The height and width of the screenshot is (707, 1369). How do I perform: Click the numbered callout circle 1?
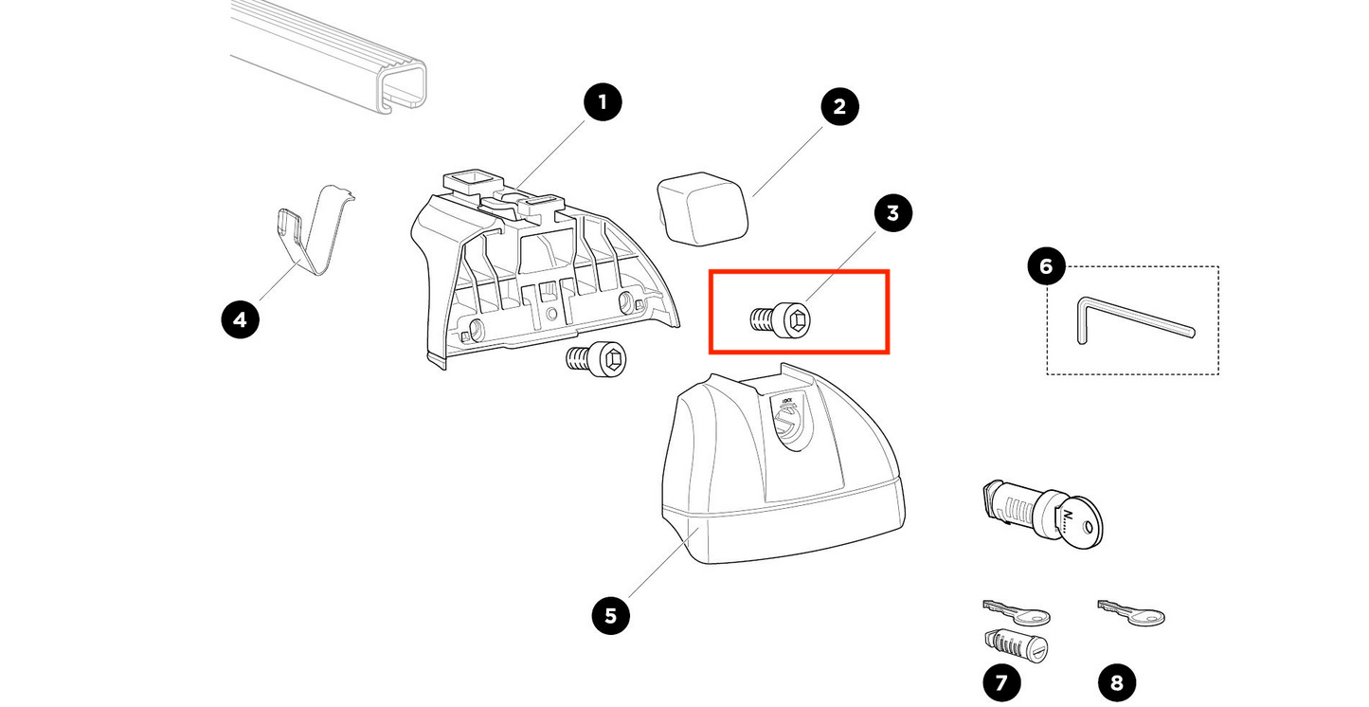point(603,102)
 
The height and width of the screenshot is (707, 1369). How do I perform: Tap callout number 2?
point(838,106)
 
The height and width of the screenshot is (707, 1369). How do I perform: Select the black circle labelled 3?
point(892,213)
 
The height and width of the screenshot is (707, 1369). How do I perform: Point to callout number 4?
point(240,319)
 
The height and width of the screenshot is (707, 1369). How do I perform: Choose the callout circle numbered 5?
point(610,615)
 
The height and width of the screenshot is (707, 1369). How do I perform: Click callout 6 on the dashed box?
point(1046,266)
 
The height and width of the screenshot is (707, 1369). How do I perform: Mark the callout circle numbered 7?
point(1001,681)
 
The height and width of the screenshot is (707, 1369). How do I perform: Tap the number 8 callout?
point(1116,681)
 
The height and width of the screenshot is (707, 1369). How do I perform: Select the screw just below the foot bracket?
point(598,360)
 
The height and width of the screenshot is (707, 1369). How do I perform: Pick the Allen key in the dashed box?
point(1127,320)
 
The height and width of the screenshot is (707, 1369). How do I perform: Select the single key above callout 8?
point(1133,613)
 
